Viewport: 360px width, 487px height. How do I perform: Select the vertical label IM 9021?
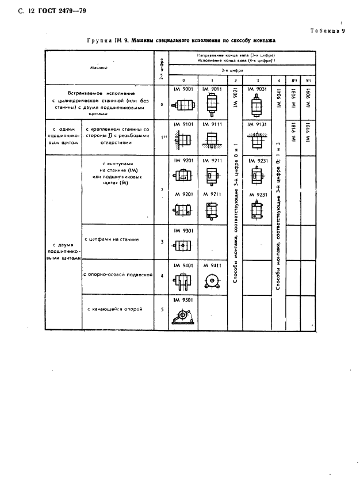(236, 98)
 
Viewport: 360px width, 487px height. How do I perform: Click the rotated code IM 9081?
(295, 97)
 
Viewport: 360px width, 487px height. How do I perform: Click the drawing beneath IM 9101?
(182, 140)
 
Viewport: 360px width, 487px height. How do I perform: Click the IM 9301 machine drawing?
(182, 246)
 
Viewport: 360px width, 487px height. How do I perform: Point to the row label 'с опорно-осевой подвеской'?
(117, 275)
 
